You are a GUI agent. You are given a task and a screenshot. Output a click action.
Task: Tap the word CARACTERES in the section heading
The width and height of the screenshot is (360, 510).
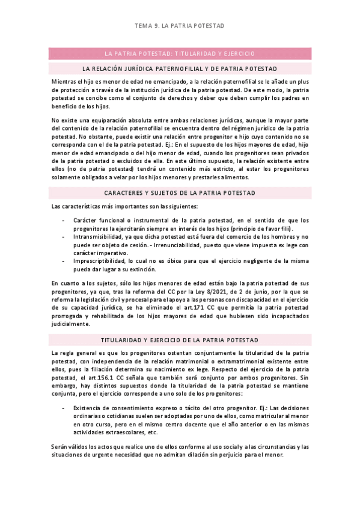coord(125,192)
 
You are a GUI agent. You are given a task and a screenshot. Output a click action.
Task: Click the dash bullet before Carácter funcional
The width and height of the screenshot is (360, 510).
coord(64,220)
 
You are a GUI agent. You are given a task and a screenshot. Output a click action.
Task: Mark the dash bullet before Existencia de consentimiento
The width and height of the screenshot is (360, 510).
coord(64,408)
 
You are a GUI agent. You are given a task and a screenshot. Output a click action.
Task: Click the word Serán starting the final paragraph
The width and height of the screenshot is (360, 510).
coord(60,446)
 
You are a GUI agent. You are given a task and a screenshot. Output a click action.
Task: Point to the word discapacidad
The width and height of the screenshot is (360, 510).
coord(243,299)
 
